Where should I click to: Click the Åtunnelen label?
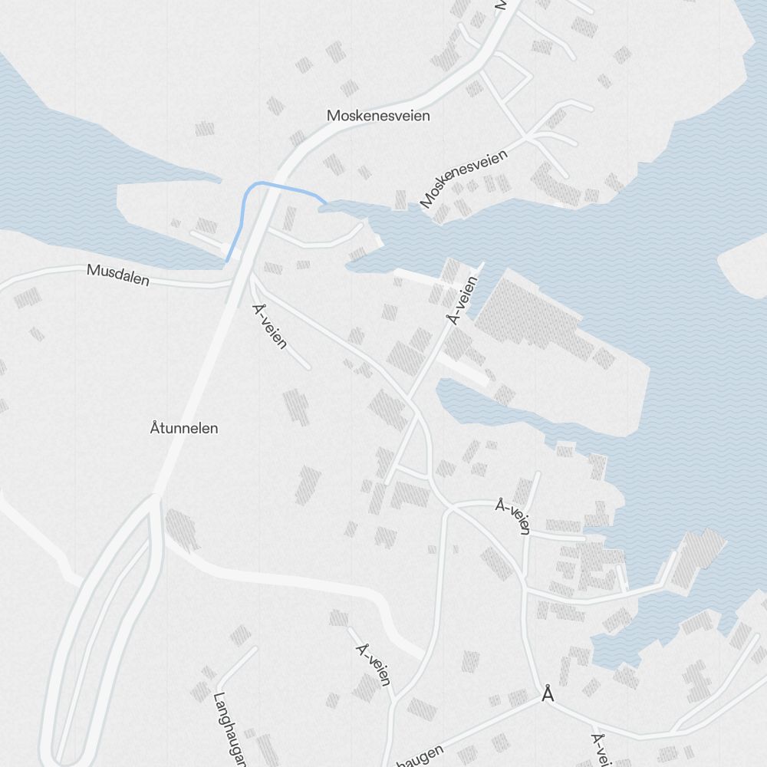click(x=184, y=428)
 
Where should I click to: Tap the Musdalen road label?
click(x=118, y=275)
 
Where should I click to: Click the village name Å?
click(x=547, y=694)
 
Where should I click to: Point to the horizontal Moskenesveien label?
click(x=378, y=116)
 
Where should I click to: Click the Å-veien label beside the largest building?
click(x=463, y=300)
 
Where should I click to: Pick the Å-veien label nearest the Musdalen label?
click(x=269, y=326)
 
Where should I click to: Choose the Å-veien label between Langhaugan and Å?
click(x=374, y=664)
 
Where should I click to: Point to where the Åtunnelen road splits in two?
click(x=155, y=499)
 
